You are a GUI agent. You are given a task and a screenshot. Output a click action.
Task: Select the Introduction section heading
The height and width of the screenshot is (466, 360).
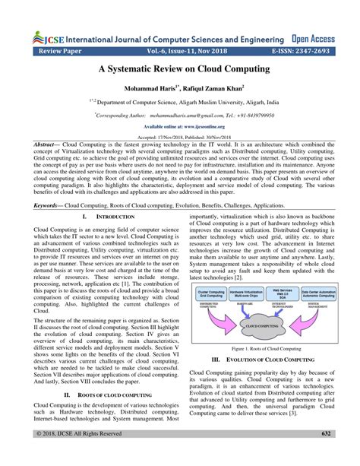(x=98, y=217)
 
